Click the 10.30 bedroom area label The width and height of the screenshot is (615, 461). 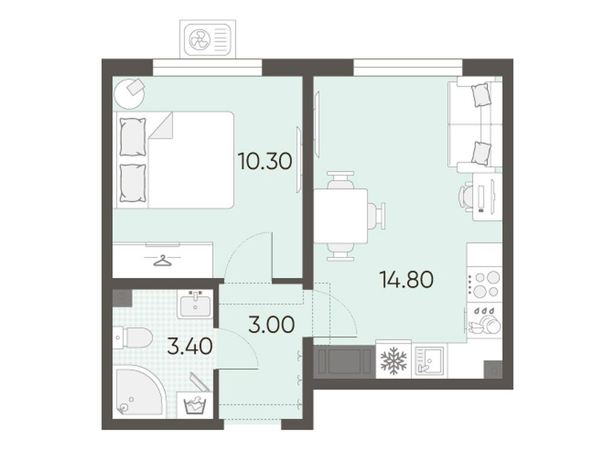[x=265, y=161]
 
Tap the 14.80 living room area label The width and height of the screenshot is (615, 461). [x=407, y=280]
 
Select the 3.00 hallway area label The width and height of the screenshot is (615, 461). [x=271, y=325]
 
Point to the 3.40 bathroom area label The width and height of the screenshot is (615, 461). [x=190, y=346]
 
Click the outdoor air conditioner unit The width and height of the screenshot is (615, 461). [x=208, y=39]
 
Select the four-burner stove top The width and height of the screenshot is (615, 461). [x=484, y=284]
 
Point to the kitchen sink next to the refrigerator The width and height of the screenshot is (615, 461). [x=429, y=360]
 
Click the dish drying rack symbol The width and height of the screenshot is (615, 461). [x=484, y=320]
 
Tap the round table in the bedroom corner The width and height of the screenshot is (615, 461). [x=129, y=93]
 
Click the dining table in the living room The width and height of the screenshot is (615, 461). [x=341, y=216]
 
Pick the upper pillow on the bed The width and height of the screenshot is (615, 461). [x=133, y=137]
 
